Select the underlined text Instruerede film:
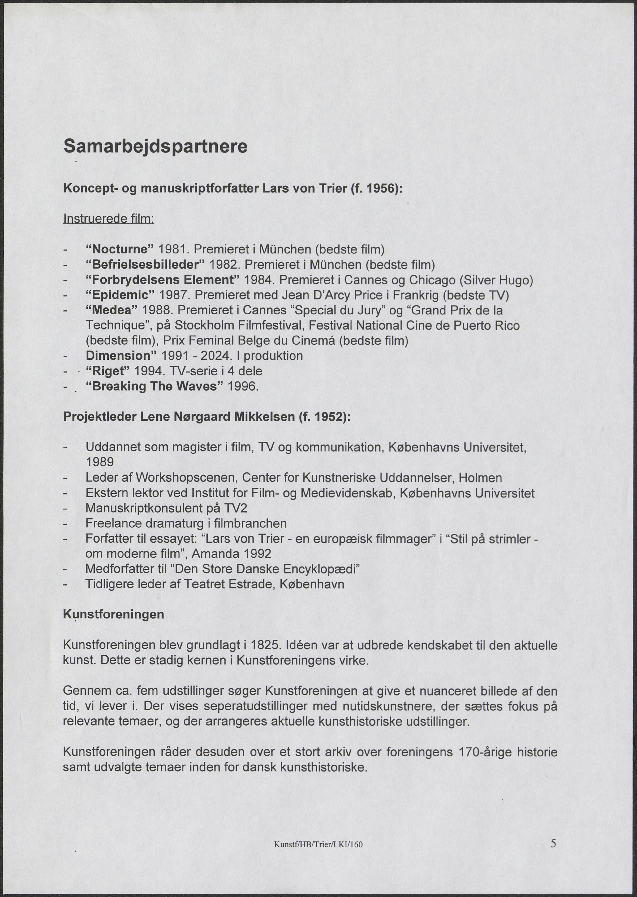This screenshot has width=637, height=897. click(109, 219)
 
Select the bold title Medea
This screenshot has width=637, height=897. click(111, 310)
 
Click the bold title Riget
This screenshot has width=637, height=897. click(108, 371)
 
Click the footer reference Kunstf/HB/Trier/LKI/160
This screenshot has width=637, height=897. click(318, 844)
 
